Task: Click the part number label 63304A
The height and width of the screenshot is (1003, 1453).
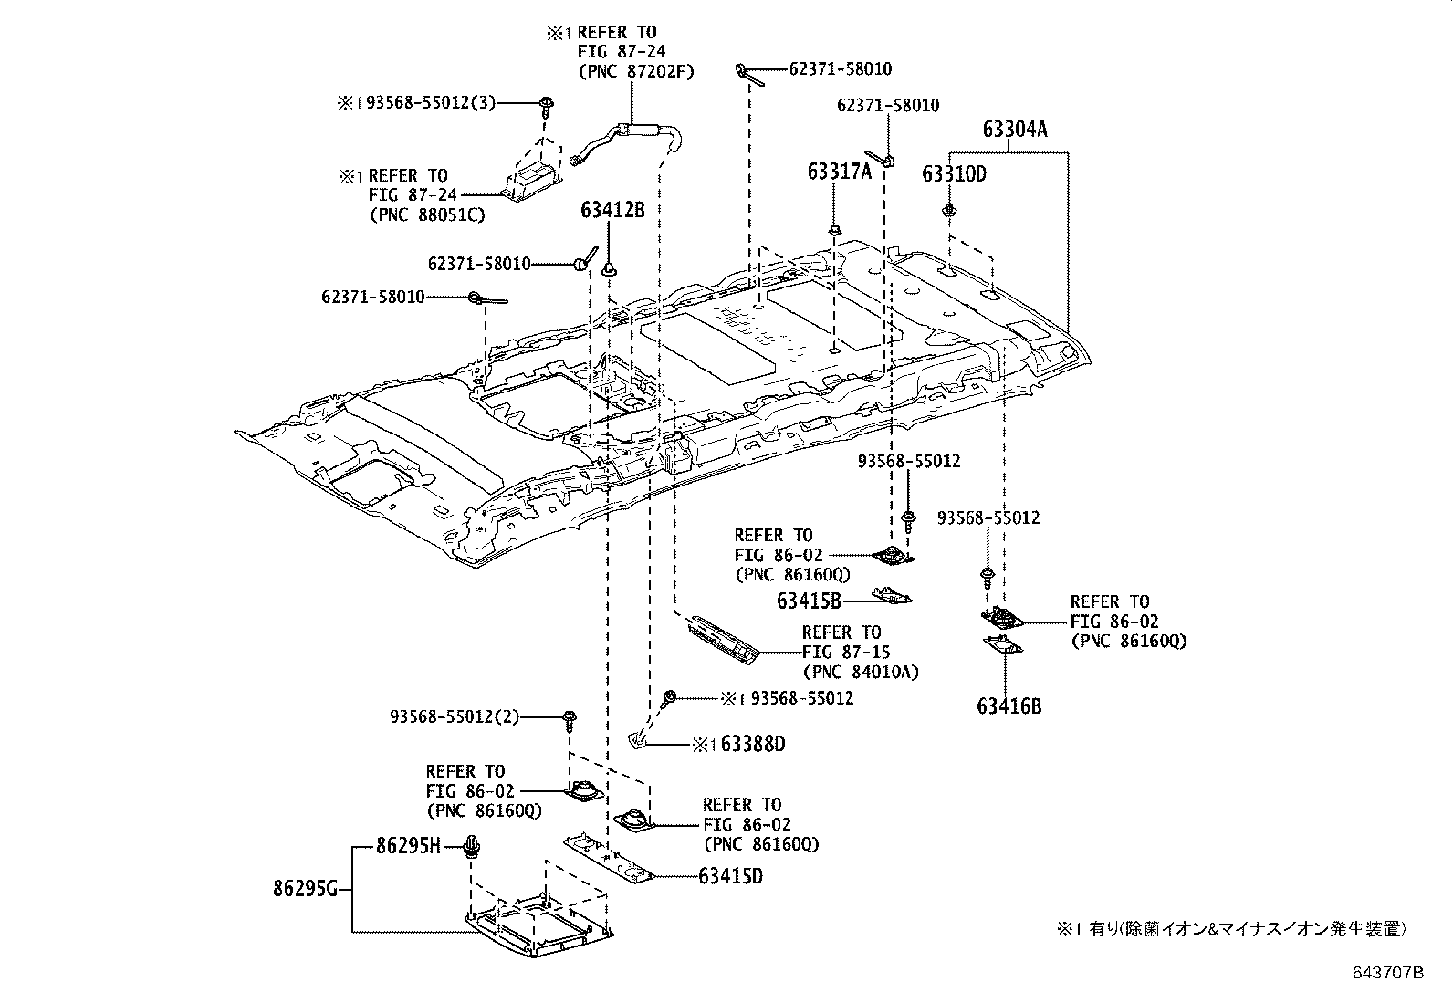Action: tap(1015, 130)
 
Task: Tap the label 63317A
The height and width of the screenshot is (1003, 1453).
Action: tap(839, 171)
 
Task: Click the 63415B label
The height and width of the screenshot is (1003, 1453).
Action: tap(809, 600)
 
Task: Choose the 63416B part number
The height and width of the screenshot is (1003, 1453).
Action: tap(1009, 705)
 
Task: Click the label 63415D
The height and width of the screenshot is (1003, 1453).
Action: tap(730, 876)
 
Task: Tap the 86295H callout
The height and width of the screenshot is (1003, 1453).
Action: tap(408, 847)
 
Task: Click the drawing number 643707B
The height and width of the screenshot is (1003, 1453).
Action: tap(1387, 973)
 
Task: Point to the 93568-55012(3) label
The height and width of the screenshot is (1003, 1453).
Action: tap(431, 103)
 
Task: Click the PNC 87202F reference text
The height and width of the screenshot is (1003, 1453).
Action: tap(635, 71)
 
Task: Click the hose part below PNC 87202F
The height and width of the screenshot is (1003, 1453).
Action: tap(630, 137)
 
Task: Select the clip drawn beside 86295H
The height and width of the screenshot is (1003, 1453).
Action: tap(473, 847)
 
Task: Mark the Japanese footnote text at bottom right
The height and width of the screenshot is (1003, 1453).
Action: tap(1231, 930)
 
